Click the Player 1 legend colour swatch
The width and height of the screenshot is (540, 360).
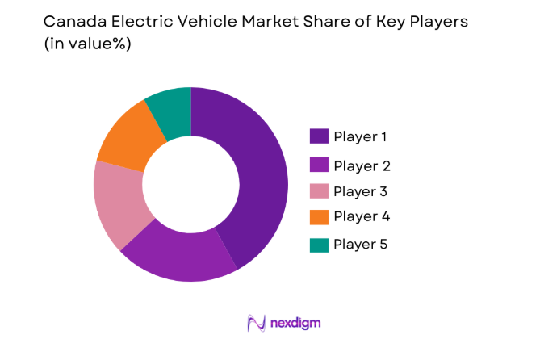click(319, 136)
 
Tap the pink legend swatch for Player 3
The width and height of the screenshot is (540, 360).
click(319, 190)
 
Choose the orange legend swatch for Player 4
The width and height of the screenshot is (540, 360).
click(319, 216)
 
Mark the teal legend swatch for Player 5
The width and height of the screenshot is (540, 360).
click(319, 243)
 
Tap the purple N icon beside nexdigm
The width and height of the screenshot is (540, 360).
click(257, 323)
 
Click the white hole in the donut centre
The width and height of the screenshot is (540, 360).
click(190, 184)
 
